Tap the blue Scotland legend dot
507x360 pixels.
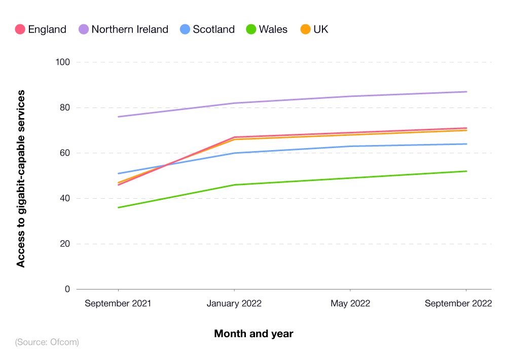(185, 29)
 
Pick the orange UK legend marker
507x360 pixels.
(305, 29)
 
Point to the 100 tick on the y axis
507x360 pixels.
(63, 62)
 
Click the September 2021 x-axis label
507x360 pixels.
(118, 304)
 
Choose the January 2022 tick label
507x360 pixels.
(234, 304)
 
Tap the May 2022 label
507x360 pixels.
(350, 304)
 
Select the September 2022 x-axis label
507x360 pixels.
(458, 304)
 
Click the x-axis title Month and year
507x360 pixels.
(253, 334)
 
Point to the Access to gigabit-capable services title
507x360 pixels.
(21, 178)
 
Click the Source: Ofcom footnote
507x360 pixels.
(47, 342)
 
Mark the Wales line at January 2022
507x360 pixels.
(234, 185)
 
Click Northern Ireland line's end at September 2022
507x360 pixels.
(466, 92)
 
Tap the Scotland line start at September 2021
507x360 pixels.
(118, 173)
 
